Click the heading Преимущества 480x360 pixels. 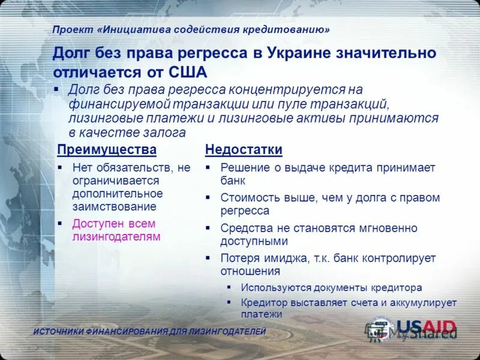pyautogui.click(x=106, y=149)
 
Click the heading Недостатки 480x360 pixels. pyautogui.click(x=244, y=149)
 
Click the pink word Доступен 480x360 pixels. pyautogui.click(x=97, y=224)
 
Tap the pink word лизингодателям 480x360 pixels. pyautogui.click(x=116, y=237)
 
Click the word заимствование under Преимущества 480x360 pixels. pyautogui.click(x=114, y=206)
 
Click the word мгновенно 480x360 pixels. pyautogui.click(x=388, y=228)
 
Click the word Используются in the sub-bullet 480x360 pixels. pyautogui.click(x=270, y=287)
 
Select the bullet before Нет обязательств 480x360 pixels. pyautogui.click(x=60, y=168)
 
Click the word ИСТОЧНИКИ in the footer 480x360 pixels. pyautogui.click(x=58, y=332)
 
